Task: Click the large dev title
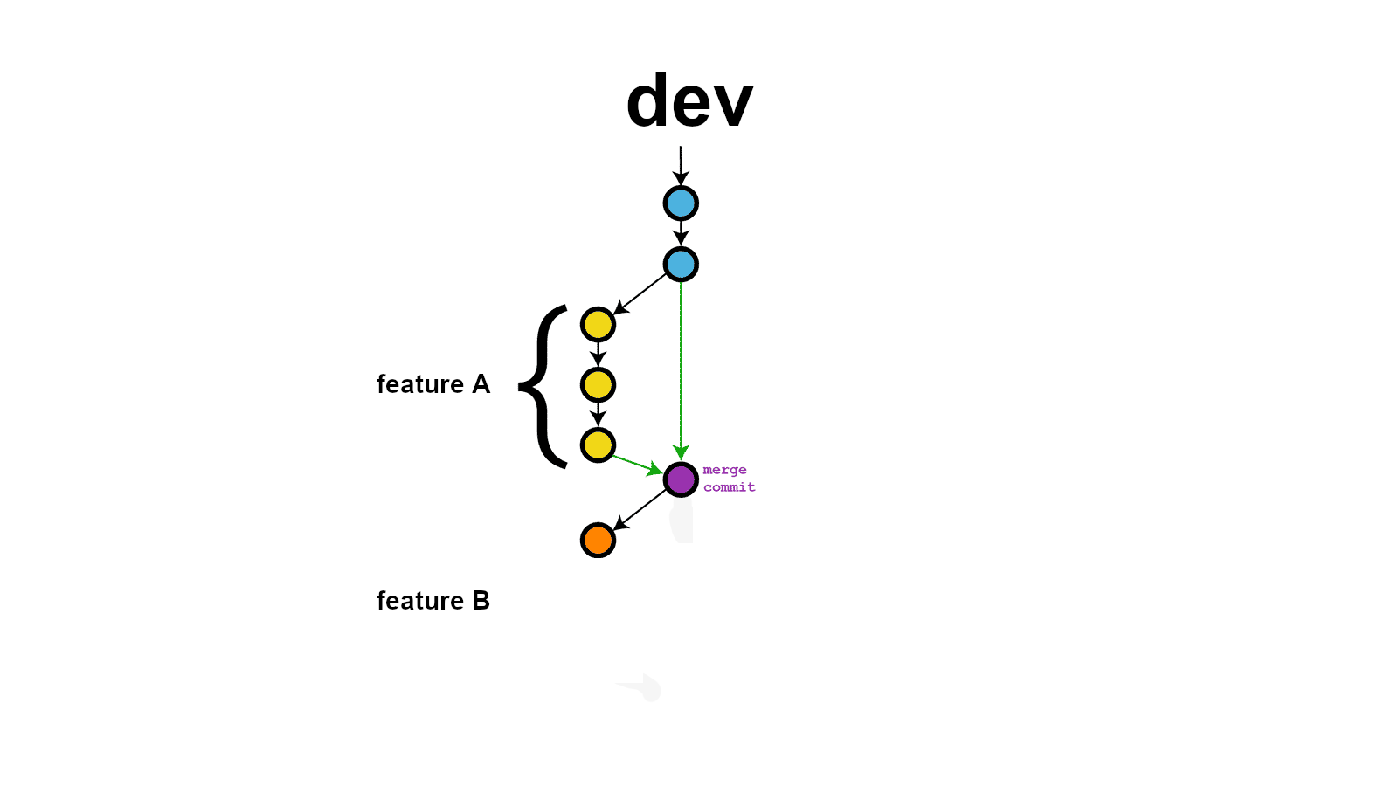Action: point(689,101)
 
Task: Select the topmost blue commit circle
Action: point(681,203)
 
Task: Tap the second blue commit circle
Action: point(681,265)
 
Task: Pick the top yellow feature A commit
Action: point(598,325)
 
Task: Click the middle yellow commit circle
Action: point(598,385)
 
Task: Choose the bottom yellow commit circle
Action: point(598,445)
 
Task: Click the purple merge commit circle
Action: point(681,479)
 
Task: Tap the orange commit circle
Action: point(598,540)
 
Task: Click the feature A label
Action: point(433,384)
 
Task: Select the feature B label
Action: point(433,601)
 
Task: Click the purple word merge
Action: point(724,470)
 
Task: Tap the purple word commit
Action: point(729,487)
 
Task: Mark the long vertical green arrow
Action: point(681,367)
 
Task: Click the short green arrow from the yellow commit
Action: point(636,464)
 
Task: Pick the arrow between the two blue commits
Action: point(681,233)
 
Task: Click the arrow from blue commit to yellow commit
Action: point(640,294)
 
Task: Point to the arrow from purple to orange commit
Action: point(640,509)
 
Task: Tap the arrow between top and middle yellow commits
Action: point(598,354)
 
